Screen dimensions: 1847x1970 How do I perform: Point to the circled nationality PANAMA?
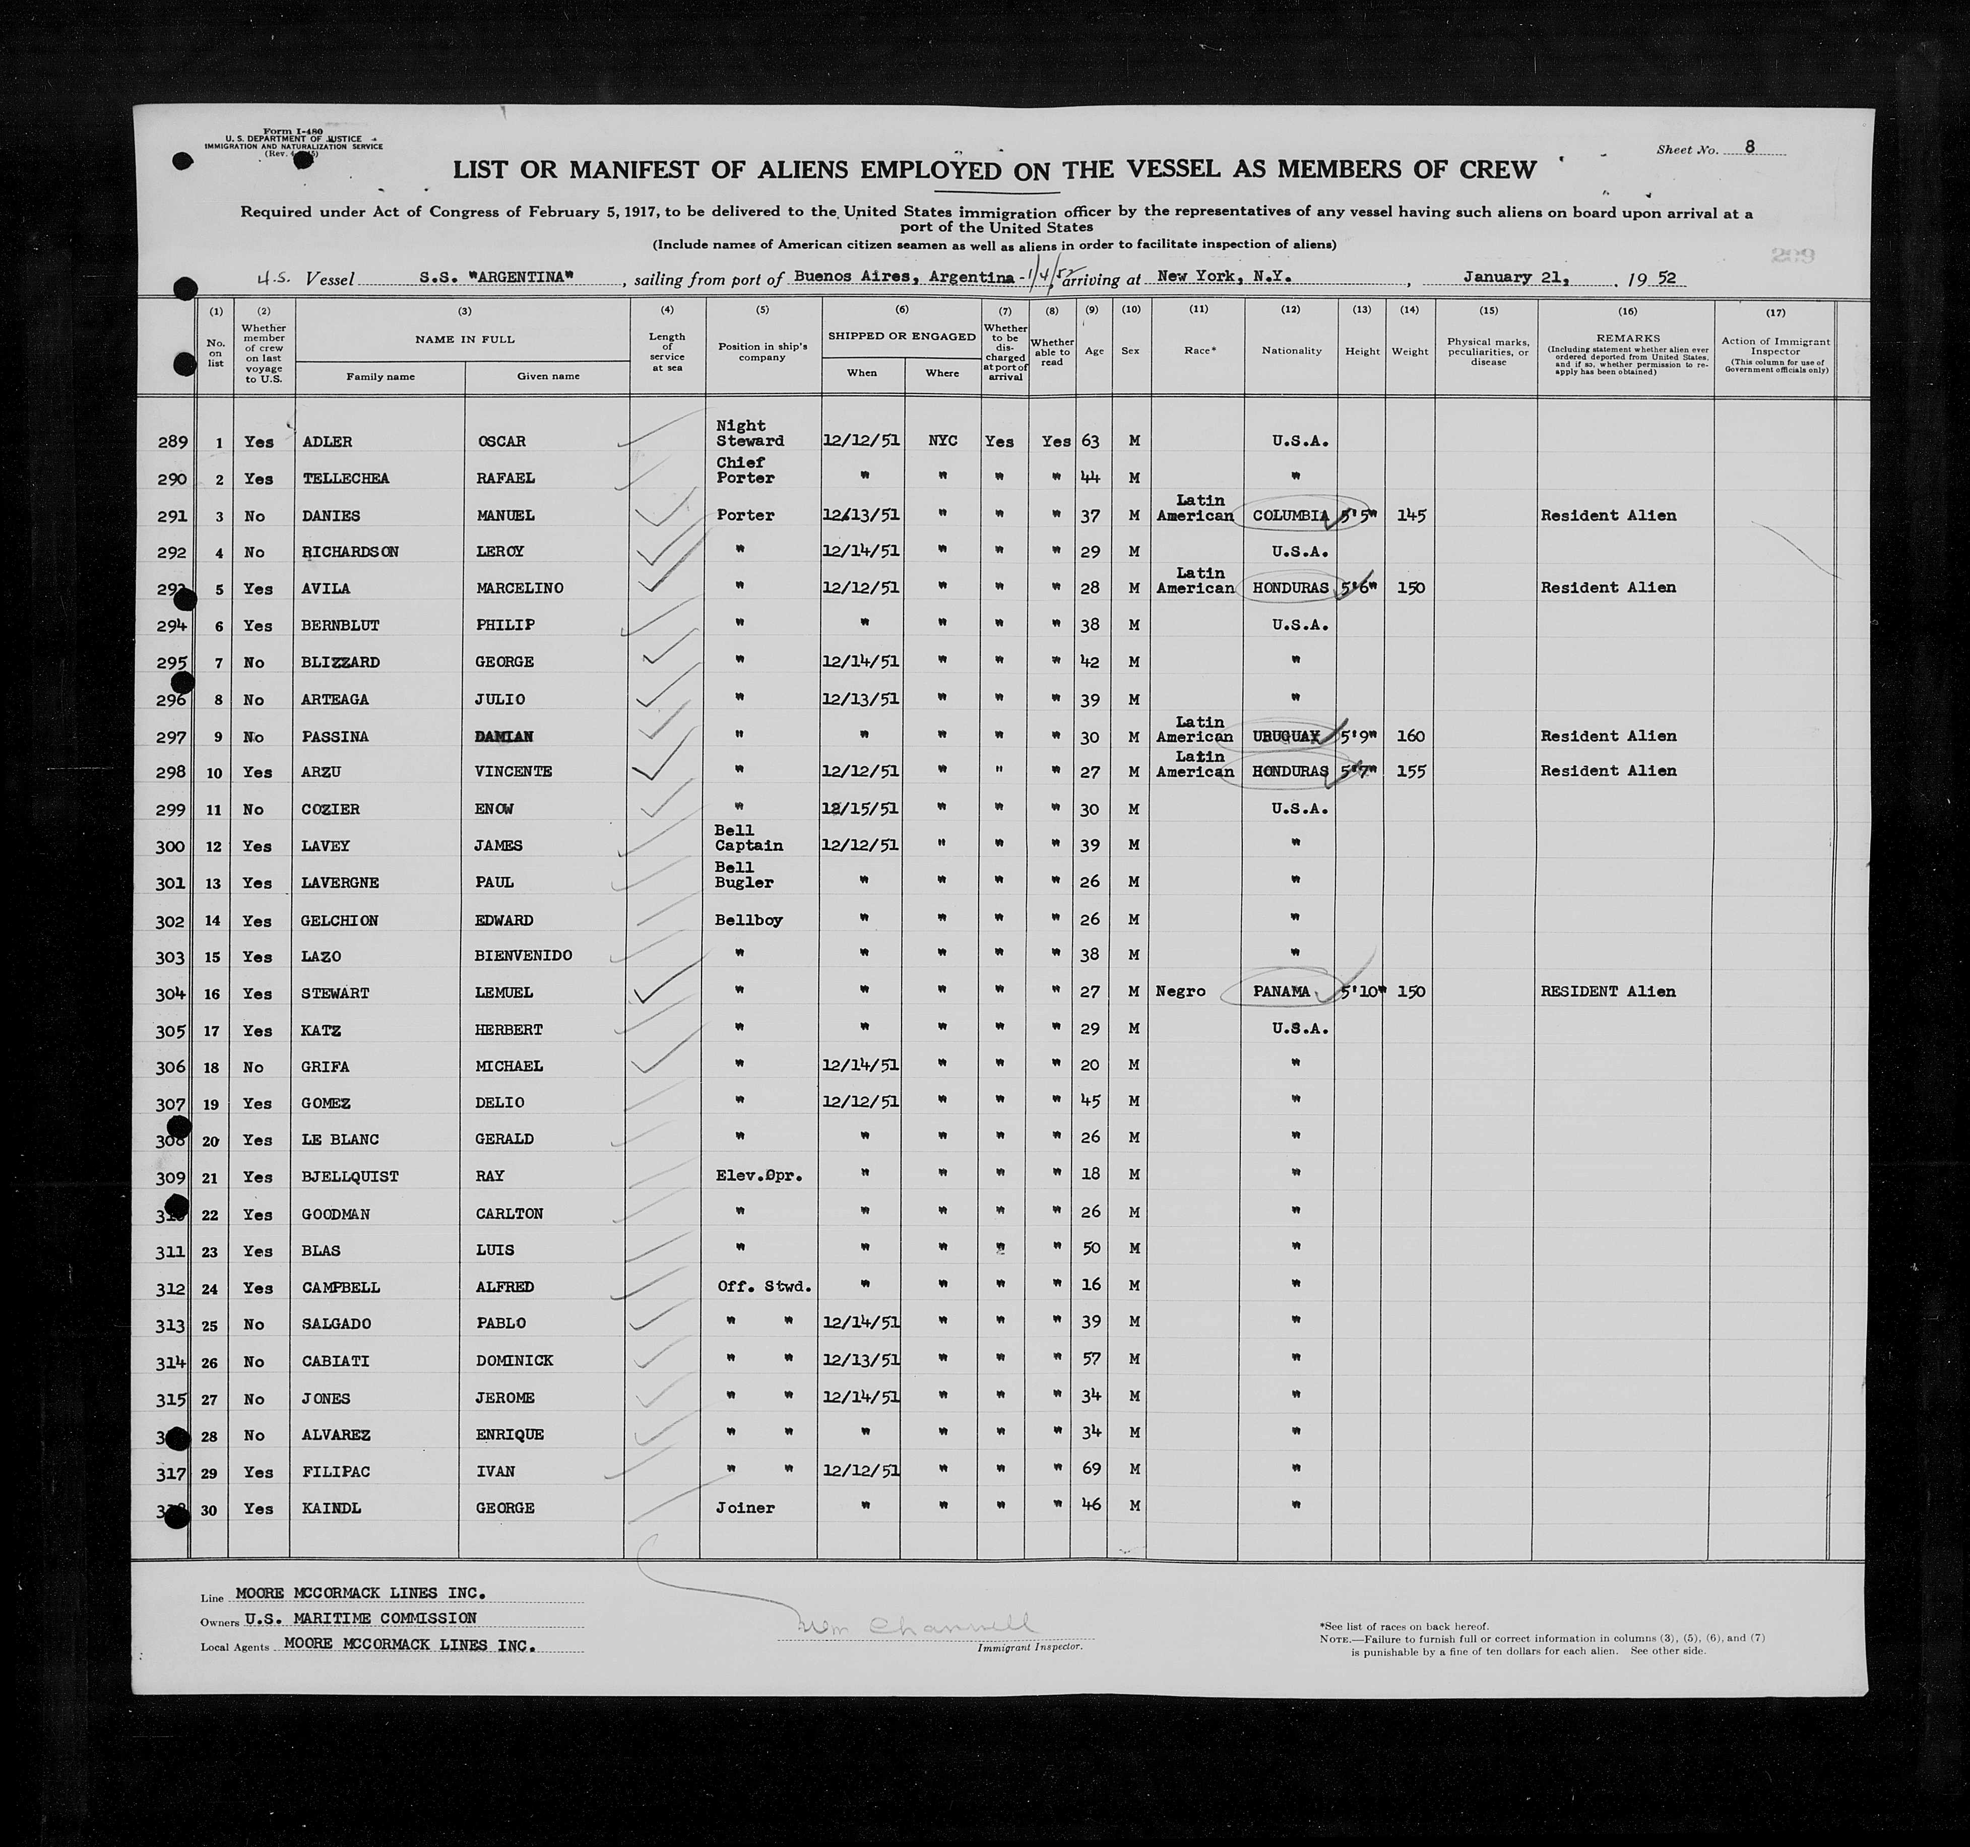1281,991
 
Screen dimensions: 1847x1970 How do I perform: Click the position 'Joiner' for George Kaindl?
744,1507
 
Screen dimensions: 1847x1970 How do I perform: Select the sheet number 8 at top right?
1750,147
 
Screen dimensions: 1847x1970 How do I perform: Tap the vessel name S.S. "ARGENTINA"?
496,278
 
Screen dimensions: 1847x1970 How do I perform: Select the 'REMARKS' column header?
1627,338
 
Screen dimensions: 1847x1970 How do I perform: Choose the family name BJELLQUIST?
350,1177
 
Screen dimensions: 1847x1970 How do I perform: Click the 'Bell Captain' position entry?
748,838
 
